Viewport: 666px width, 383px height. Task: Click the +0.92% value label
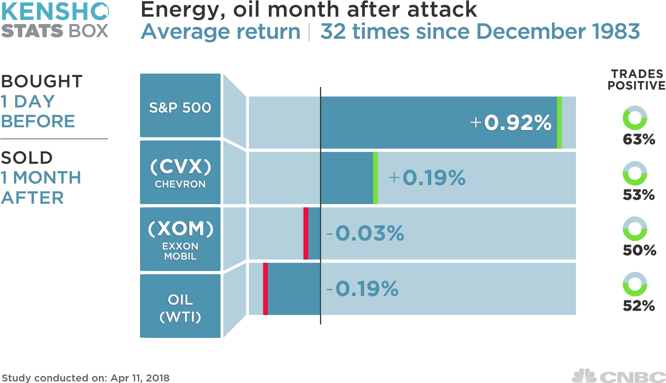click(x=510, y=123)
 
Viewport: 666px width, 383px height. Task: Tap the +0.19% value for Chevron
click(x=427, y=178)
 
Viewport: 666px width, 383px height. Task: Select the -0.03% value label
click(x=365, y=233)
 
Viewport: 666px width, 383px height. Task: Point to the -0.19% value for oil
click(x=363, y=289)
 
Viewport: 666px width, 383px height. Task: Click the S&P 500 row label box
click(x=180, y=106)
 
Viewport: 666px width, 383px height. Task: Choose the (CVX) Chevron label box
click(x=180, y=172)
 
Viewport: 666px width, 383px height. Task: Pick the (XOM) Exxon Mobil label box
click(x=180, y=239)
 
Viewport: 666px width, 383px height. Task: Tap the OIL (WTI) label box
click(x=180, y=306)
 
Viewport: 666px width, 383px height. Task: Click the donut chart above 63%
click(x=635, y=118)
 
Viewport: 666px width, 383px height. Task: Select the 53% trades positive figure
click(x=639, y=194)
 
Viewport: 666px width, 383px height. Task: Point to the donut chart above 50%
click(x=635, y=229)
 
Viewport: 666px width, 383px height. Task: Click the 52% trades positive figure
click(x=639, y=306)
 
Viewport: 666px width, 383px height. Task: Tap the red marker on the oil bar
click(x=265, y=289)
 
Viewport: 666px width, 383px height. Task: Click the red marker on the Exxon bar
click(x=306, y=233)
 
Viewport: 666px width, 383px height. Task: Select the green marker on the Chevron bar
click(x=375, y=178)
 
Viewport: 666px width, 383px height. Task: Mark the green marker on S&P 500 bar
click(x=559, y=123)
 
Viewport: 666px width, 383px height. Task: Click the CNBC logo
click(x=619, y=376)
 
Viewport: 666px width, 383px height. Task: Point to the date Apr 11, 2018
click(x=140, y=378)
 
